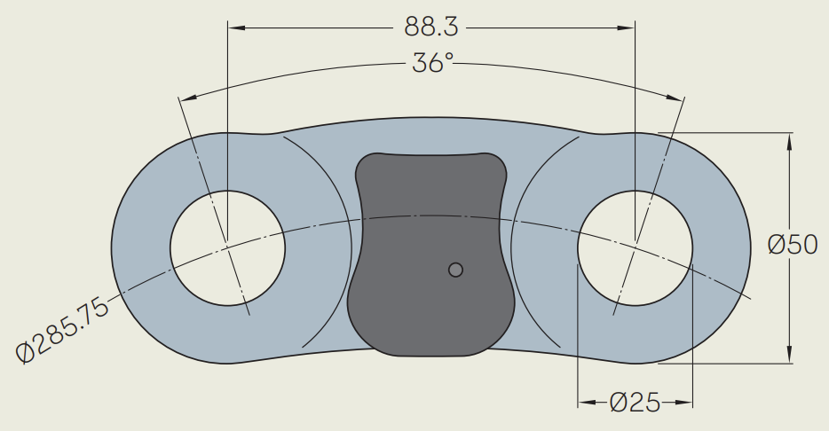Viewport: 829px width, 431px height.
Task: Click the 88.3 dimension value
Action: click(430, 27)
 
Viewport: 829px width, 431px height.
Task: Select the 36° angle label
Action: click(432, 64)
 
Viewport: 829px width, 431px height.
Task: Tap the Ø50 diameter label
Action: click(793, 246)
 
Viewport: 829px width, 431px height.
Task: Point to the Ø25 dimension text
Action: click(636, 404)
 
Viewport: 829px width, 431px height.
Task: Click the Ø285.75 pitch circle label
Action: click(63, 331)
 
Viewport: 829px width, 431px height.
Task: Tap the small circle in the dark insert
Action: click(455, 270)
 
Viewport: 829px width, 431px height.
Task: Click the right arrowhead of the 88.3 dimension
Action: click(628, 28)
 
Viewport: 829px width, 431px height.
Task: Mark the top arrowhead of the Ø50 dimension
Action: click(790, 139)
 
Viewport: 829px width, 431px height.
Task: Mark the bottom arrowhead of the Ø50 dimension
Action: click(790, 357)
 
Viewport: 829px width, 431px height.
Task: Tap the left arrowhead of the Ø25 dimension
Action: click(585, 404)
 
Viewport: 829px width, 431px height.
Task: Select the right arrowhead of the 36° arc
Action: click(678, 98)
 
